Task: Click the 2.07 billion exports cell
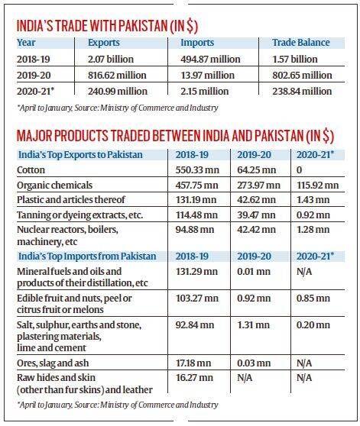[x=111, y=59]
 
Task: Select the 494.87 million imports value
[x=210, y=59]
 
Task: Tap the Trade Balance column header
[x=301, y=43]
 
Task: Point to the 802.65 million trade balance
[x=302, y=75]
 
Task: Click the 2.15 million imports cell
[x=205, y=92]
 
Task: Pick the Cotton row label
[x=31, y=170]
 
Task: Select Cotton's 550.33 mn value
[x=197, y=170]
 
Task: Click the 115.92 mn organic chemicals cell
[x=318, y=186]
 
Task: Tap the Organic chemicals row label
[x=55, y=186]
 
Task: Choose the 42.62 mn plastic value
[x=256, y=200]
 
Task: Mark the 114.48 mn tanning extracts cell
[x=196, y=215]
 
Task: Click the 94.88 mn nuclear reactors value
[x=195, y=230]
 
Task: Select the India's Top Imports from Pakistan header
[x=87, y=256]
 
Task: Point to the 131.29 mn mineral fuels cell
[x=196, y=272]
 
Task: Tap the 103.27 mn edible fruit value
[x=197, y=298]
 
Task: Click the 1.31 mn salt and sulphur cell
[x=254, y=325]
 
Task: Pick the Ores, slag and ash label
[x=53, y=363]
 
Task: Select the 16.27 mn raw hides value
[x=193, y=378]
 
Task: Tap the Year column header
[x=26, y=43]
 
